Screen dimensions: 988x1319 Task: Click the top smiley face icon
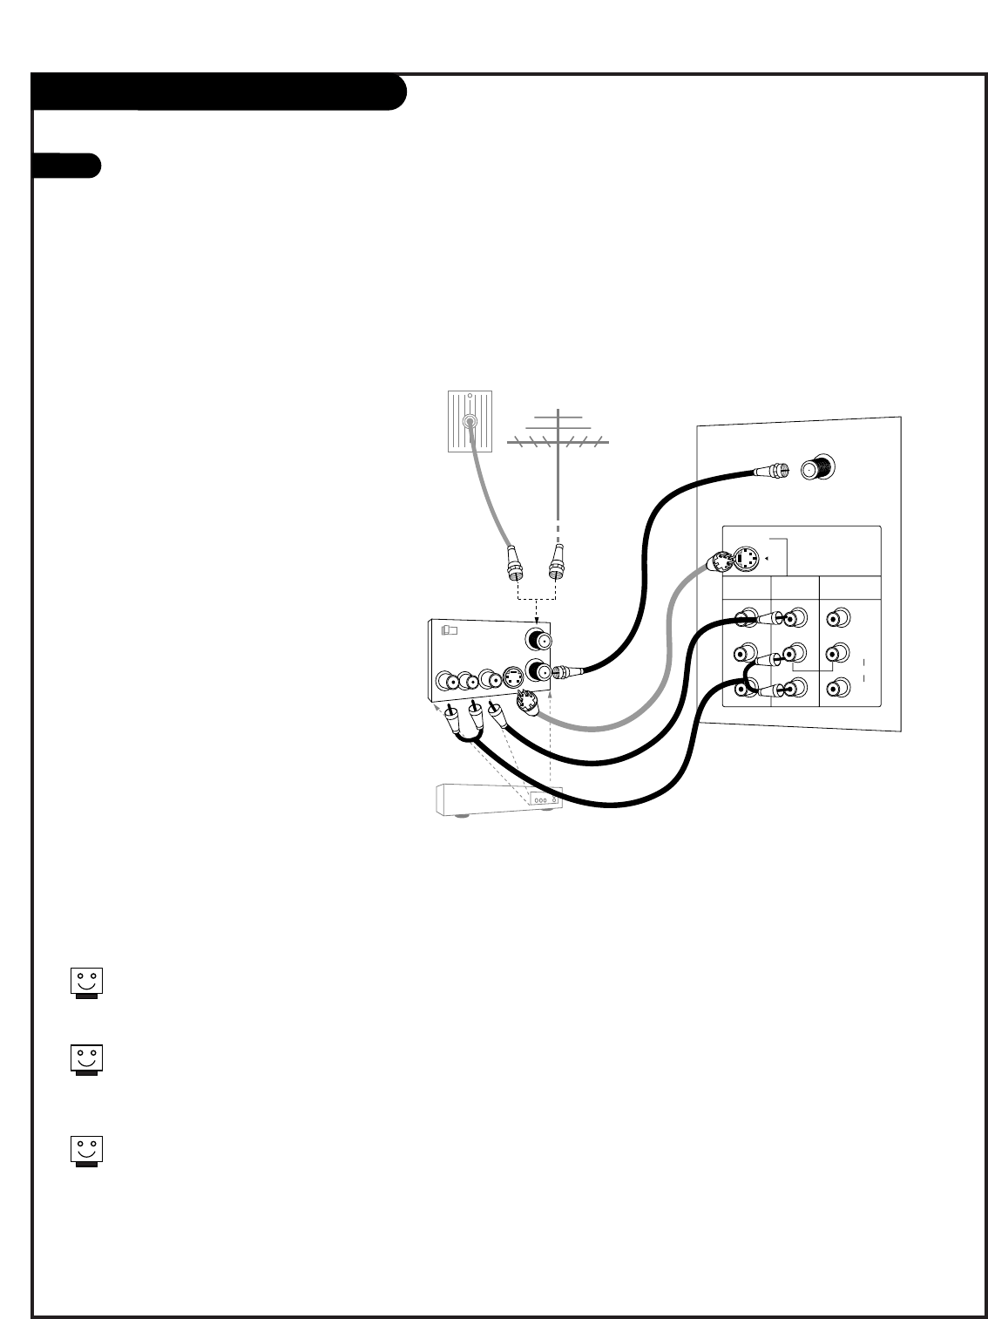86,982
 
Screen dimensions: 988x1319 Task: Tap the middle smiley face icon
86,1059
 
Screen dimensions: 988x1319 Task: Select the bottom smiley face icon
86,1151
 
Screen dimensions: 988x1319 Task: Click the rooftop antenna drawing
557,437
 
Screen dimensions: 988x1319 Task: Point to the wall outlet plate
470,422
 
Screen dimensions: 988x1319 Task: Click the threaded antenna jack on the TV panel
818,469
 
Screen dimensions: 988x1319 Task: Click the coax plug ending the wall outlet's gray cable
515,564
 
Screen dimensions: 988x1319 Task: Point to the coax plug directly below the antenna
556,564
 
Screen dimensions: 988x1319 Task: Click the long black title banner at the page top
219,92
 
